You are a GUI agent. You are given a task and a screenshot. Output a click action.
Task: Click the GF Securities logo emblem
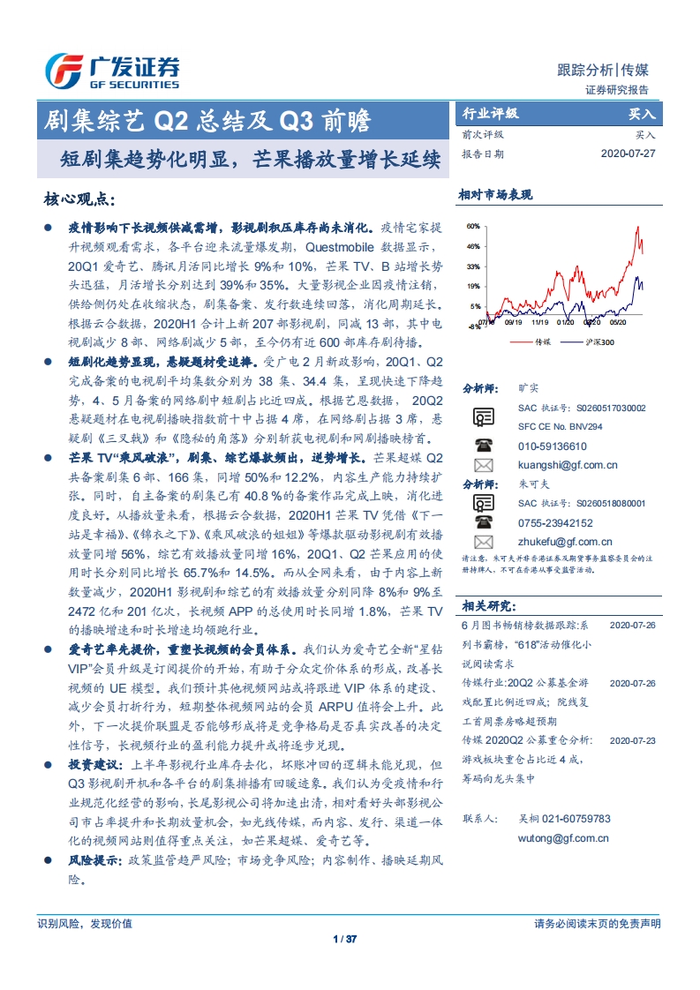point(64,71)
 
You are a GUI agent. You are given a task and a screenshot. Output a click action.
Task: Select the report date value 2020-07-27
point(628,154)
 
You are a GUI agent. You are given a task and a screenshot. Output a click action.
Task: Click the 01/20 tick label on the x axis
point(565,323)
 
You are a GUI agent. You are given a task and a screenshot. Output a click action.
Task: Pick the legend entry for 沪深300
point(598,341)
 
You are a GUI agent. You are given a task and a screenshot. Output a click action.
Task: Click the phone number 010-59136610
point(552,446)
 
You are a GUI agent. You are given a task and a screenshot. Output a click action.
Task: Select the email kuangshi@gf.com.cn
point(568,465)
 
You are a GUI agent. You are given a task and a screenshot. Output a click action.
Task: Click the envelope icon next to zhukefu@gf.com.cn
point(483,542)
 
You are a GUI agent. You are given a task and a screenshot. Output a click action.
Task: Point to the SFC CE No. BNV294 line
point(560,426)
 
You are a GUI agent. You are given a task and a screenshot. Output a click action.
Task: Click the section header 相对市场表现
point(495,195)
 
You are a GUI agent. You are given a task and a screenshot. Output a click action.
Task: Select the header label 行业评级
point(491,114)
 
